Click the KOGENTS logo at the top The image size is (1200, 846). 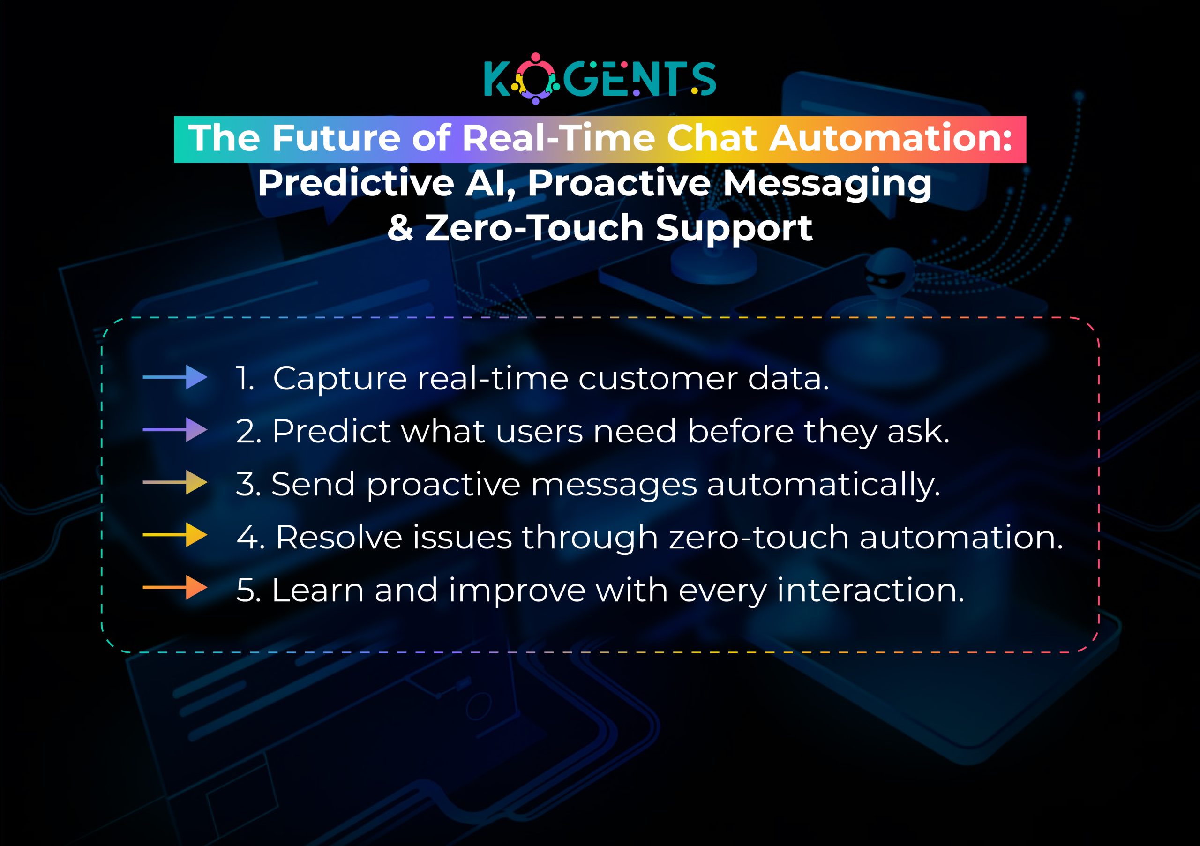[x=600, y=79]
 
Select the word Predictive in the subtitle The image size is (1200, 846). [x=355, y=183]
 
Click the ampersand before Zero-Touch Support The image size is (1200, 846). [x=400, y=228]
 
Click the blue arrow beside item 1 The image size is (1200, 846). [x=175, y=377]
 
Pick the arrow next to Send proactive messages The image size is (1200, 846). [x=175, y=483]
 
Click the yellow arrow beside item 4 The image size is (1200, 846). [x=175, y=536]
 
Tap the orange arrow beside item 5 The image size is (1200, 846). [x=175, y=588]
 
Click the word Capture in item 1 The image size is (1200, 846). [x=340, y=378]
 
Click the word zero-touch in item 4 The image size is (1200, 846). [x=758, y=537]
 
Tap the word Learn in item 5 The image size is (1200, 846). [x=317, y=591]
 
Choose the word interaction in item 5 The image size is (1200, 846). [x=870, y=591]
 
